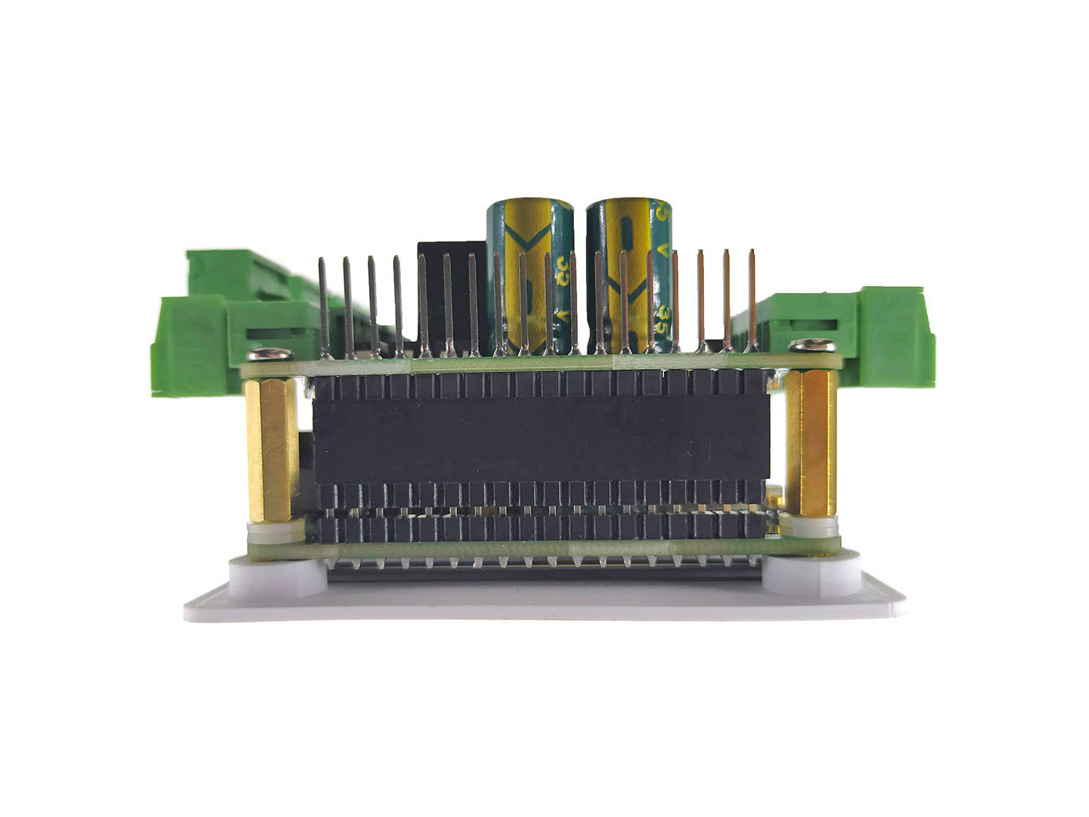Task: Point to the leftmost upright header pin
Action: pyautogui.click(x=323, y=307)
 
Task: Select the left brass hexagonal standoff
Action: pyautogui.click(x=271, y=450)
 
